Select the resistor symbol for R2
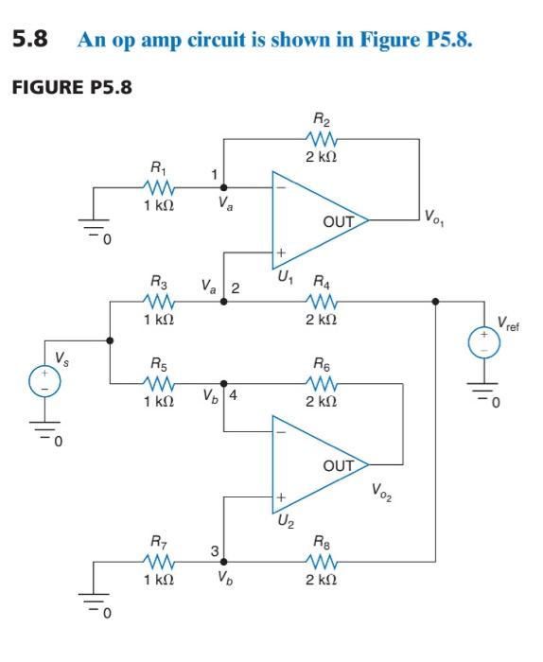pos(321,138)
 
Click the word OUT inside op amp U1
pos(338,222)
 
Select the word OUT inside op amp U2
pos(338,466)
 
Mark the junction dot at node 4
pos(223,383)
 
